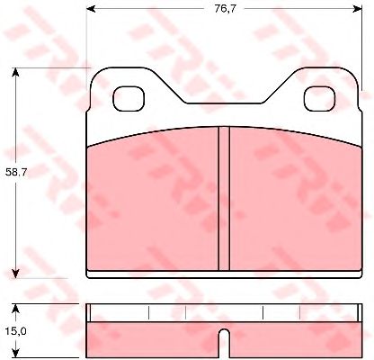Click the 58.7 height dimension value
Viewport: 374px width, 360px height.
(x=16, y=172)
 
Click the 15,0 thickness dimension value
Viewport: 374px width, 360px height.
(x=16, y=331)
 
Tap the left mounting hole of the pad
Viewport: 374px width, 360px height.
(x=129, y=99)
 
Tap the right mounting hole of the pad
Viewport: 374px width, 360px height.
(x=320, y=99)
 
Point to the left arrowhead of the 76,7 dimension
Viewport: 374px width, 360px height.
(x=91, y=9)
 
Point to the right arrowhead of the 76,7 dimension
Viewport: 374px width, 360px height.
(x=358, y=9)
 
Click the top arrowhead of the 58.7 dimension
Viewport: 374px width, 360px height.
(x=15, y=72)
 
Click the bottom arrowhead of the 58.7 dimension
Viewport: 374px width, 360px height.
(x=15, y=274)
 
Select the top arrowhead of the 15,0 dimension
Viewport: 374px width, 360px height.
(x=15, y=309)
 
